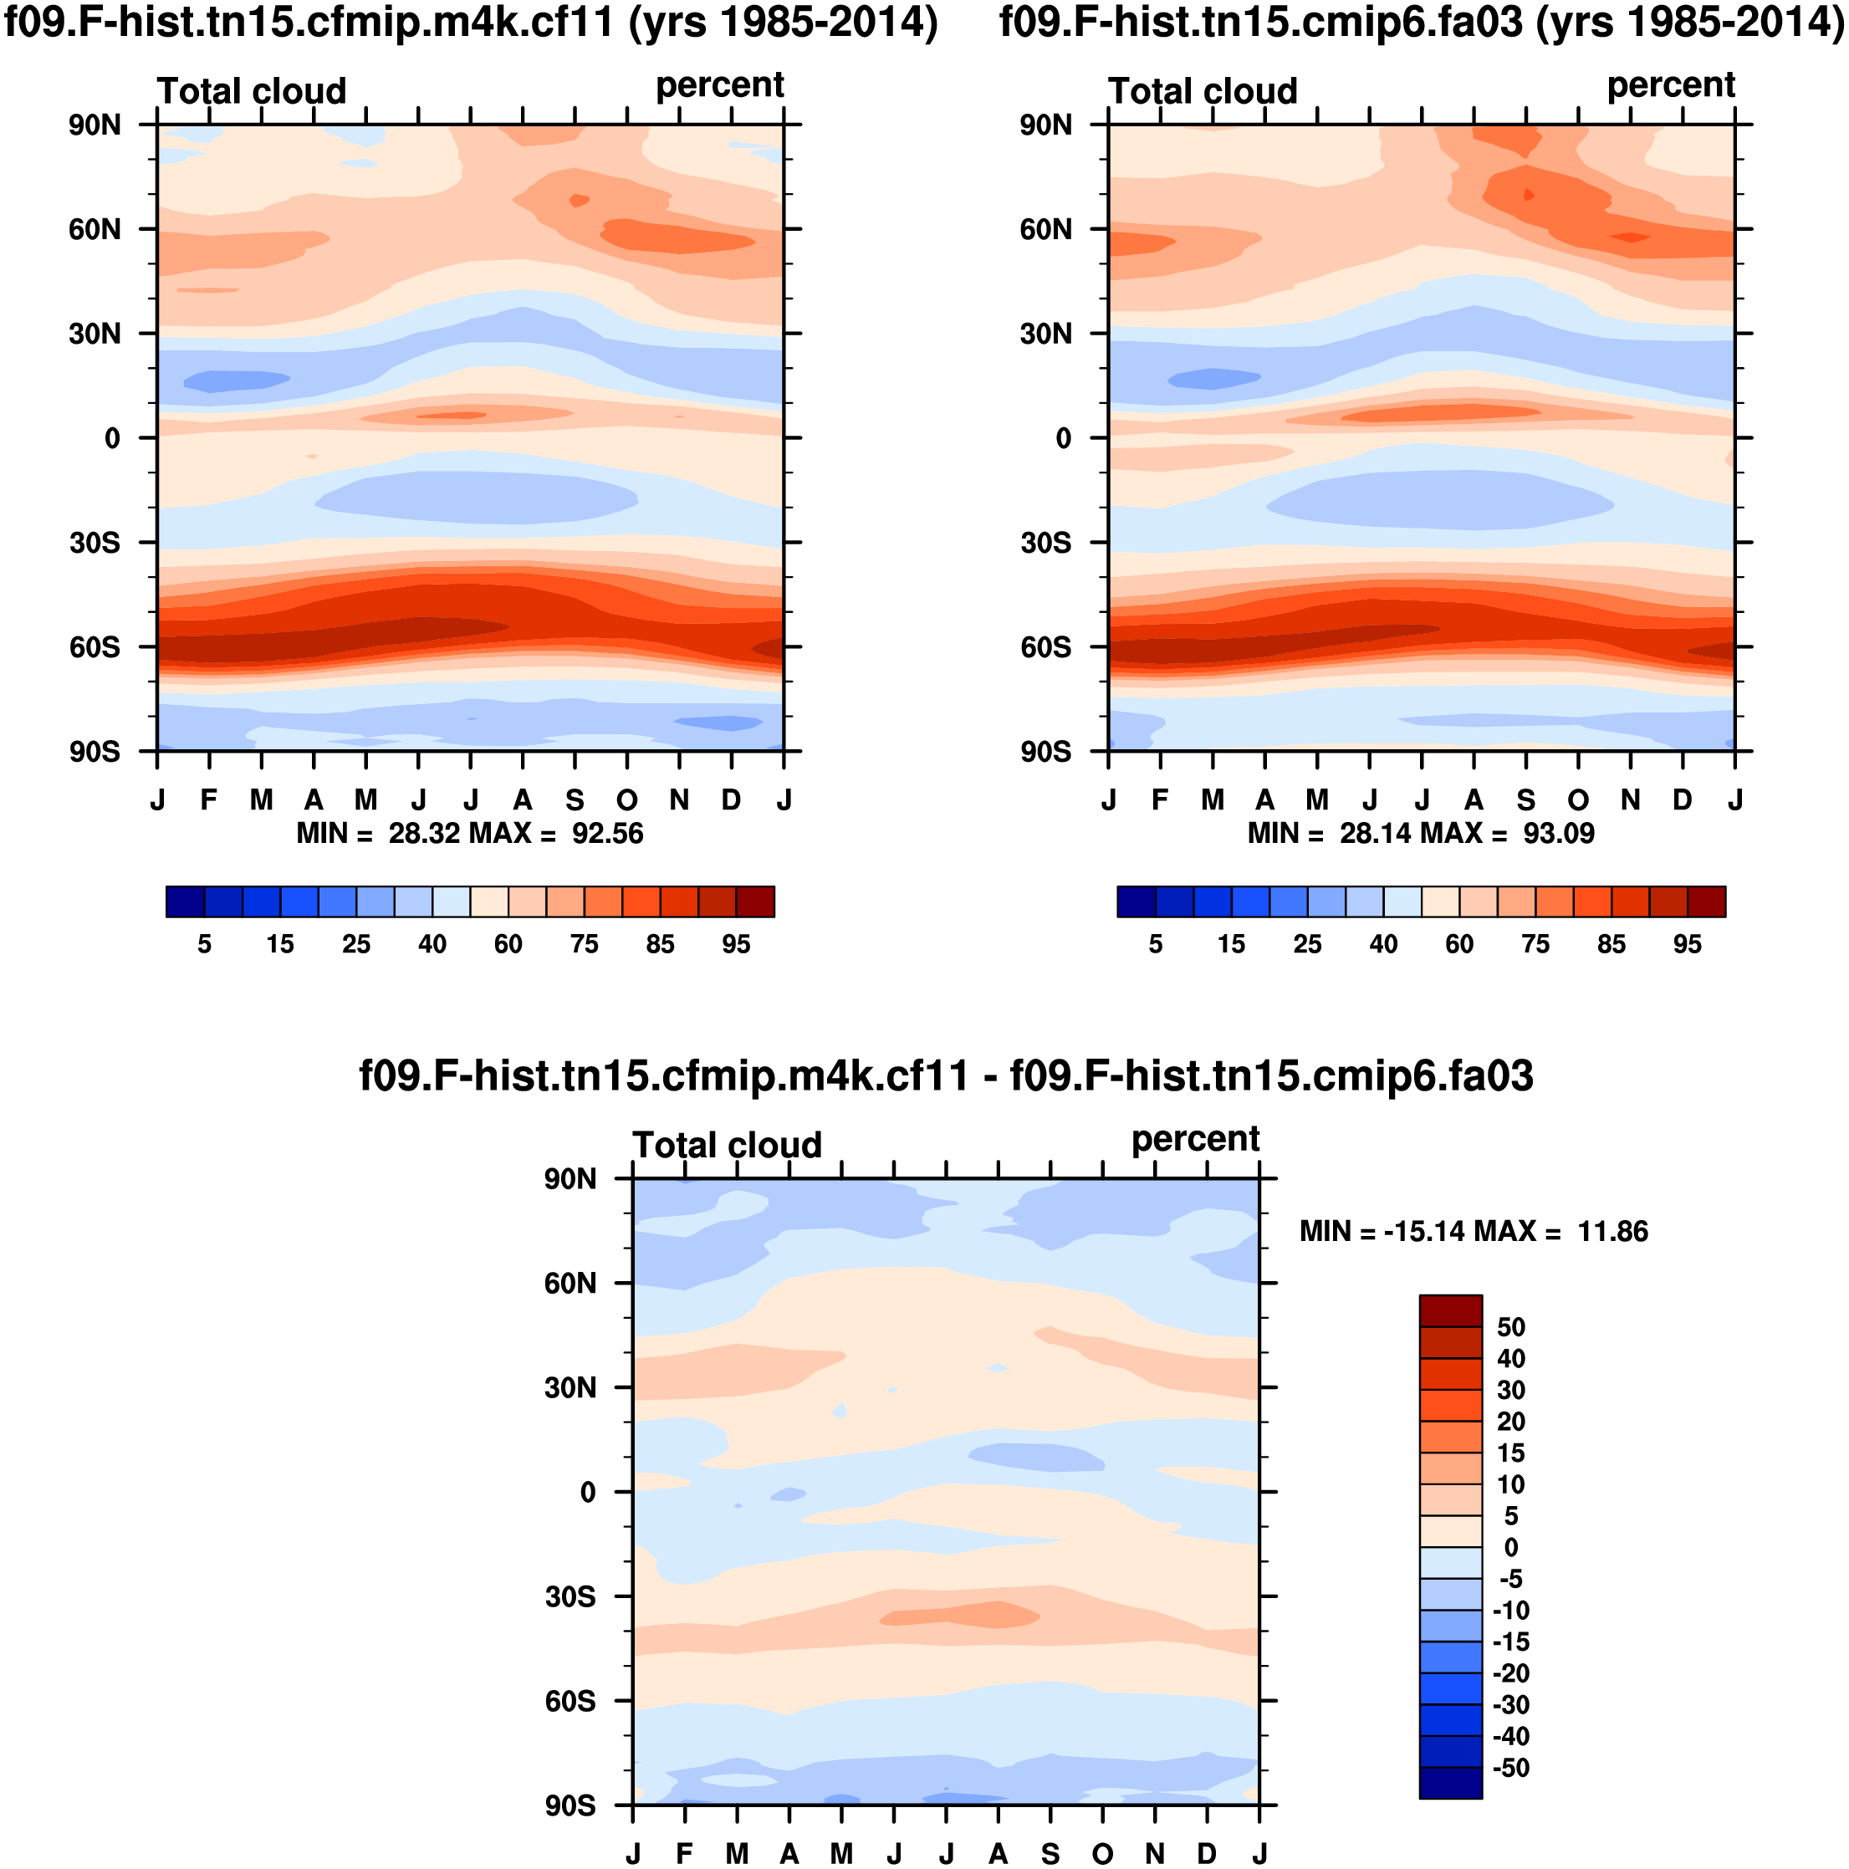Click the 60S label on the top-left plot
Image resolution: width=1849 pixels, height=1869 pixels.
click(94, 647)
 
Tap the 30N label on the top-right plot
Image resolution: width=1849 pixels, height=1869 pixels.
click(1045, 334)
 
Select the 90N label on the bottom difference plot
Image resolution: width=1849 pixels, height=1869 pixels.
click(570, 1179)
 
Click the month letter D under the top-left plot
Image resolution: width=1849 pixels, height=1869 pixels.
click(732, 800)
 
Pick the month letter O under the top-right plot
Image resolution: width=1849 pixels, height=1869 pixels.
click(1578, 800)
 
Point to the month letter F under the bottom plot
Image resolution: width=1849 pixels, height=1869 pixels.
click(685, 1853)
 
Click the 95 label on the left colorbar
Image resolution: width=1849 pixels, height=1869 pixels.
click(735, 944)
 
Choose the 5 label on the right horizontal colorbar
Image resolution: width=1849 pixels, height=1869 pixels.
click(1155, 944)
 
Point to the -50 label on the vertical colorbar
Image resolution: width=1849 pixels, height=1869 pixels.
click(1510, 1768)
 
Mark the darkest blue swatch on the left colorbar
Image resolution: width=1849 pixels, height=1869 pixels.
click(186, 901)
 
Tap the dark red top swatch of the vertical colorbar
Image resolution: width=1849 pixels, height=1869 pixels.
click(1450, 1311)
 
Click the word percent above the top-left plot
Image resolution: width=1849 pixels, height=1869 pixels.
click(719, 85)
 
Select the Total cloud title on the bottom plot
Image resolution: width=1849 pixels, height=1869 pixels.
click(727, 1146)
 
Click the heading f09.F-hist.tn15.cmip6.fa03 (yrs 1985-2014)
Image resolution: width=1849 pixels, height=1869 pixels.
click(1422, 23)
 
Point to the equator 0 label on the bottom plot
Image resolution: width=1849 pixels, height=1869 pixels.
click(587, 1493)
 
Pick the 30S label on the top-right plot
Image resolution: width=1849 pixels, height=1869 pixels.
click(1045, 544)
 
